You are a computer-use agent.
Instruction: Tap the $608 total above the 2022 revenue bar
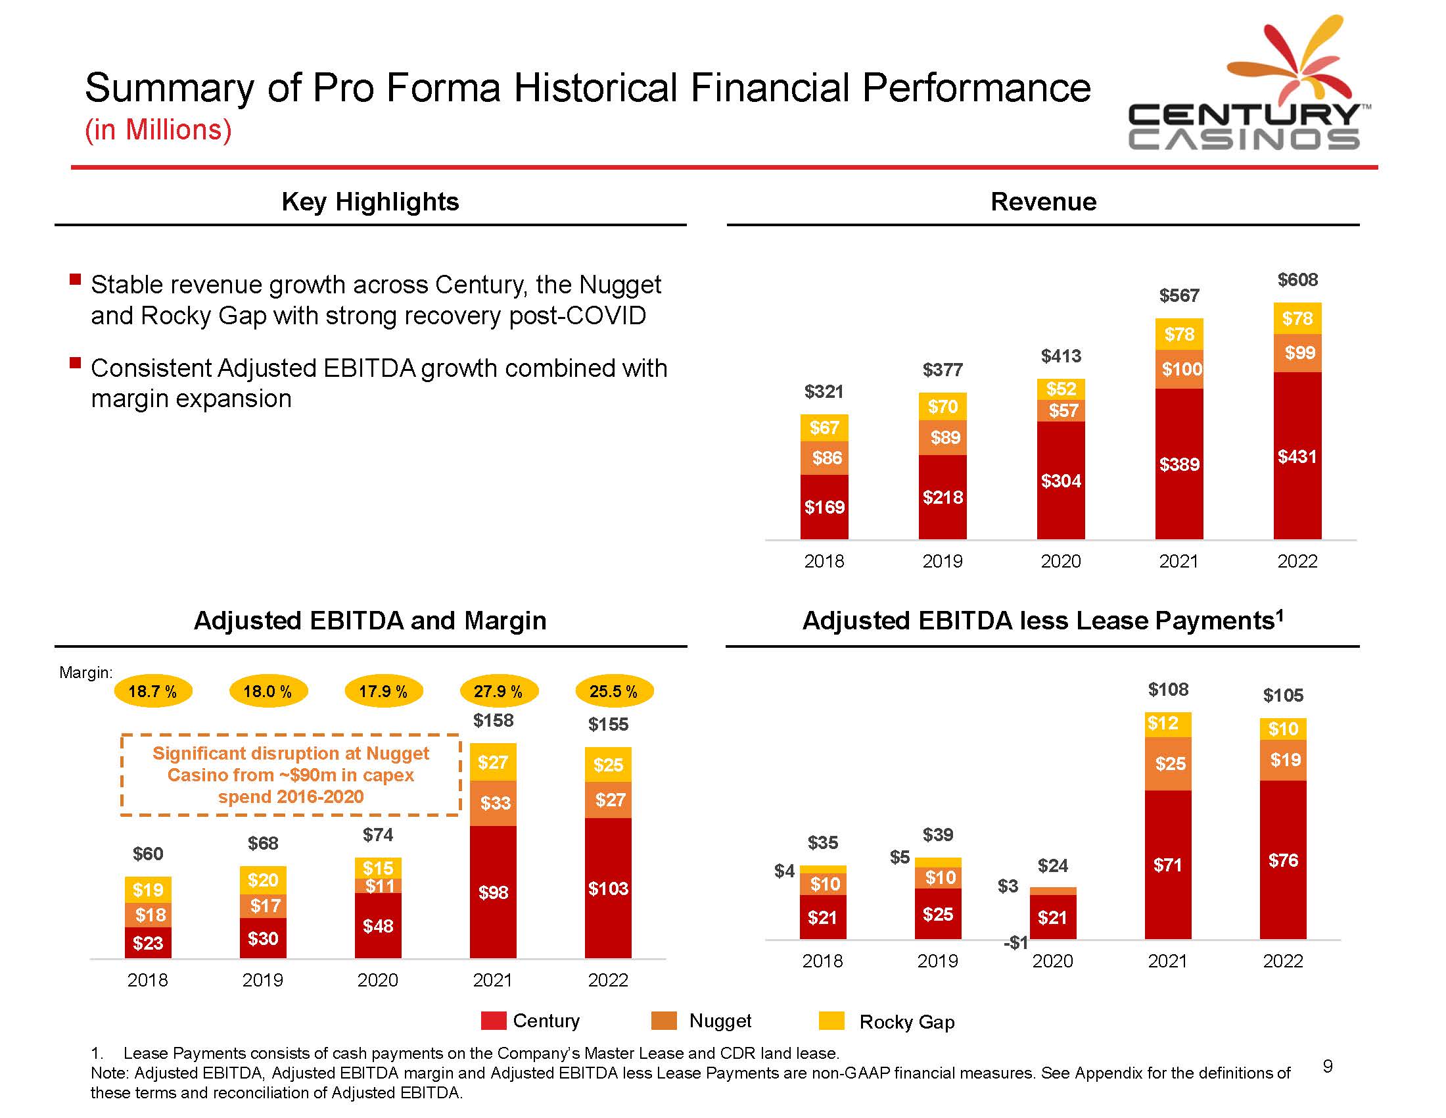pos(1297,280)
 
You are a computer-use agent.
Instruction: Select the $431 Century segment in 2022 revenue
pos(1297,456)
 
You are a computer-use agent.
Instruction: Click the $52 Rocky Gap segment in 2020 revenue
pos(1061,389)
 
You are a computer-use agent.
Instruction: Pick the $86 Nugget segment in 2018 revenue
pos(824,458)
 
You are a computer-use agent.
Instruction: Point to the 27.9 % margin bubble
pos(499,691)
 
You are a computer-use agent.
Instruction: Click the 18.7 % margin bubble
pos(153,691)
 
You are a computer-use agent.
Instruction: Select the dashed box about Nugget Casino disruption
pos(291,774)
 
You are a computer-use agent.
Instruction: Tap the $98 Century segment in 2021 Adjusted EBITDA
pos(493,892)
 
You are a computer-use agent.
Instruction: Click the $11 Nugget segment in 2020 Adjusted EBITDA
pos(378,886)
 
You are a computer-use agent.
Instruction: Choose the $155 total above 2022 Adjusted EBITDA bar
pos(608,725)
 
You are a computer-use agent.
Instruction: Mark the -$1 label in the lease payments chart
pos(1015,942)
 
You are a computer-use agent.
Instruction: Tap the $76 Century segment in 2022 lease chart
pos(1283,860)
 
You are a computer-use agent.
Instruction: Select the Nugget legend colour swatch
pos(664,1021)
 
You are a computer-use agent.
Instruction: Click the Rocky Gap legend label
pos(907,1022)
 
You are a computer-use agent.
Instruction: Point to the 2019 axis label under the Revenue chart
pos(942,562)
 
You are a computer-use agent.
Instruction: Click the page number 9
pos(1328,1065)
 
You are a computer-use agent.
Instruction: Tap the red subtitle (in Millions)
pos(158,130)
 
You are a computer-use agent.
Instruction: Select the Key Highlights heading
pos(370,201)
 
